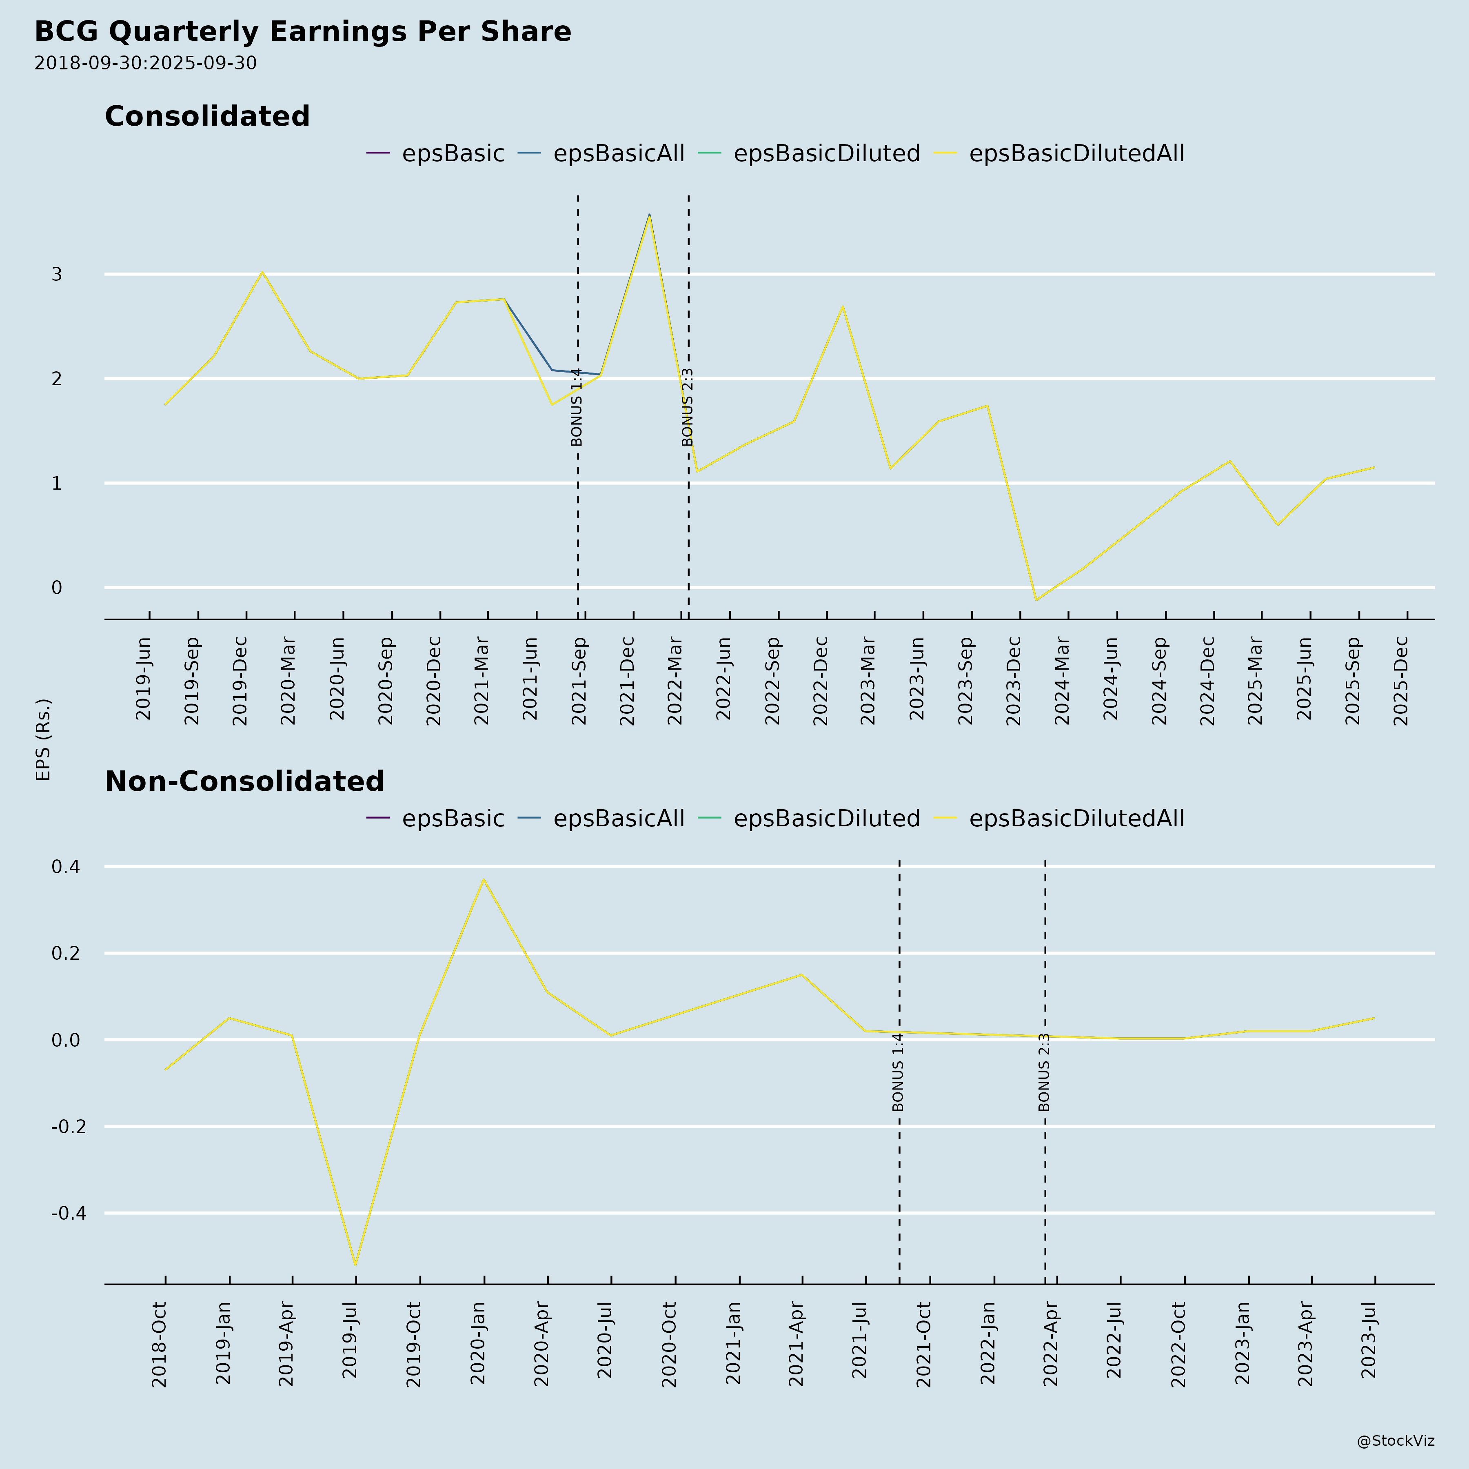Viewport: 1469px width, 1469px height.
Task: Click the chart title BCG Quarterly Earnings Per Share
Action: [303, 32]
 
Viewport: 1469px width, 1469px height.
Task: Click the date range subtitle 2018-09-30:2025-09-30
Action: [145, 63]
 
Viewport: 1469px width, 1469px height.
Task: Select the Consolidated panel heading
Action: [207, 116]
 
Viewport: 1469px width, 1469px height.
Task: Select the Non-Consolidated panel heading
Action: [244, 782]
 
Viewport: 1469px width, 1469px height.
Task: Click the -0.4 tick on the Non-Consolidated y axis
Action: [69, 1213]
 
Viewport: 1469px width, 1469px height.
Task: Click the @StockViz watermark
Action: [1395, 1441]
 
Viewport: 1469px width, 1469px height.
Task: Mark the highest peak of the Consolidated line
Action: [649, 215]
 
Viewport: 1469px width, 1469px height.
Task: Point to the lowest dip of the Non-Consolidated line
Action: [355, 1265]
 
